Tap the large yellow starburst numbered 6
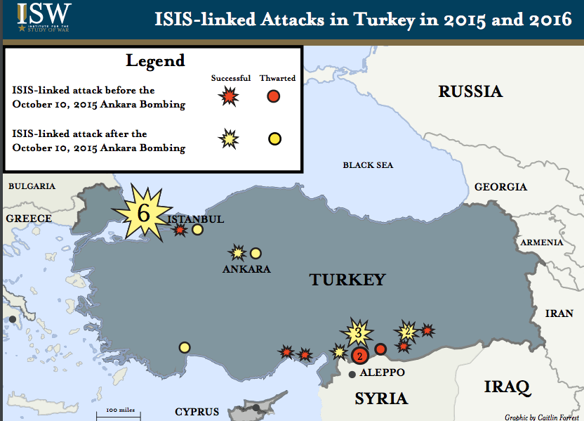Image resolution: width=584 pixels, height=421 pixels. (x=143, y=214)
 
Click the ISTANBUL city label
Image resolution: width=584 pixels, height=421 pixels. (x=196, y=219)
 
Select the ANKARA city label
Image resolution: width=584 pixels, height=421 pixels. (x=246, y=268)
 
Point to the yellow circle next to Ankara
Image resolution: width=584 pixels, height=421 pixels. (x=255, y=253)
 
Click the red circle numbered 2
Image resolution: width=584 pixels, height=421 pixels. (x=360, y=356)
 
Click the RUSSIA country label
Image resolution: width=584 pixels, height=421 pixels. (x=470, y=91)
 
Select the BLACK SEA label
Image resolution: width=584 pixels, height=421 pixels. (x=368, y=165)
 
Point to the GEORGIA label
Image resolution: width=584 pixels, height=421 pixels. (x=500, y=187)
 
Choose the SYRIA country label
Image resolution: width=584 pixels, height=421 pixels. (x=380, y=399)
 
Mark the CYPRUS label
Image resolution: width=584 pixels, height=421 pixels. (x=197, y=412)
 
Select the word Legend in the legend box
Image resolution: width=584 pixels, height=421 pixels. (x=155, y=60)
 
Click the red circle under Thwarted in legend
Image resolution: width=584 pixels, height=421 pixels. (x=274, y=96)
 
